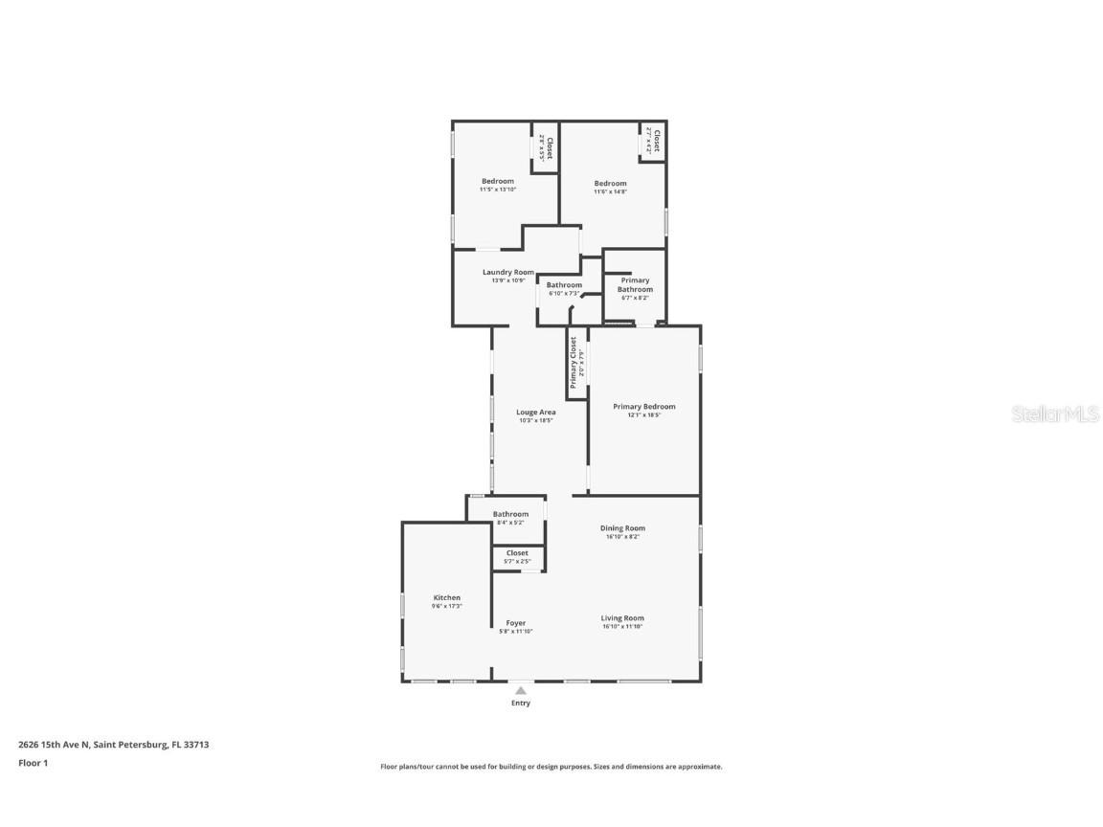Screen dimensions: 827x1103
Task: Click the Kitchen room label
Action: tap(446, 597)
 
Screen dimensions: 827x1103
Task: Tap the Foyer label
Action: tap(516, 623)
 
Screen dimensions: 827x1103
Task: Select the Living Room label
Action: tap(622, 618)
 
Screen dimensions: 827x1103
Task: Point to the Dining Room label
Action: tap(622, 528)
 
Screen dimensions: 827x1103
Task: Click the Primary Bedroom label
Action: tap(644, 407)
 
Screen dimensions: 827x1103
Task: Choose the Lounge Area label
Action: tap(536, 413)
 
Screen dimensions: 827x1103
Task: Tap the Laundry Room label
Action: tap(508, 273)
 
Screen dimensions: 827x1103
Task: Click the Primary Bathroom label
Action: tap(635, 285)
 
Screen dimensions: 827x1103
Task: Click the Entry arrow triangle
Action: tap(520, 689)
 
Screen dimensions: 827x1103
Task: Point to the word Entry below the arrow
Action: tap(520, 704)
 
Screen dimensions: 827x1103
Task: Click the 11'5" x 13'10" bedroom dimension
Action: tap(498, 190)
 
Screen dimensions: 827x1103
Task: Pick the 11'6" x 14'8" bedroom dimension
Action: tap(610, 191)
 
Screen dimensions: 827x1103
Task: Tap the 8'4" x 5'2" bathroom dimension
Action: tap(510, 523)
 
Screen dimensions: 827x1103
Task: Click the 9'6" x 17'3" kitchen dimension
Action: tap(446, 606)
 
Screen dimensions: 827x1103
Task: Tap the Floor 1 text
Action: tap(33, 763)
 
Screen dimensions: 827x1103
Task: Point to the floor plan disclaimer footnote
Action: tap(551, 767)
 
